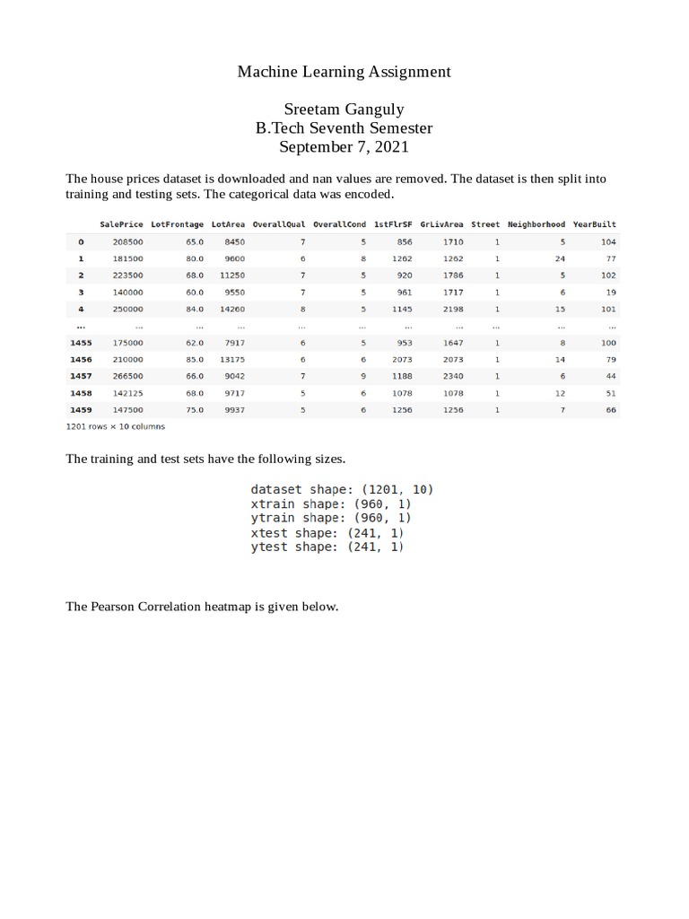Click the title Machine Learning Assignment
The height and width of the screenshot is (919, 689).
coord(344,71)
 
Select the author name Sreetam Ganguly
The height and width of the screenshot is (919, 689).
coord(344,109)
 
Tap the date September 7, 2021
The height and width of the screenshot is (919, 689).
coord(344,147)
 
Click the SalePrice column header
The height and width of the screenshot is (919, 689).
coord(121,224)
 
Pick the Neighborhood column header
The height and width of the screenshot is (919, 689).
coord(536,224)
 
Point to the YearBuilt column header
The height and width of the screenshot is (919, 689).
coord(594,224)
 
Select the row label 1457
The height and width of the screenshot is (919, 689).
coord(81,376)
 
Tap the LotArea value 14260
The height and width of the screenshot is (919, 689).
coord(231,310)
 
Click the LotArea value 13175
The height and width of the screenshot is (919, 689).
coord(231,360)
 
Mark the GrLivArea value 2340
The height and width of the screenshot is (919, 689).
coord(453,376)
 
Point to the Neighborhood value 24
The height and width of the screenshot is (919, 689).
coord(560,259)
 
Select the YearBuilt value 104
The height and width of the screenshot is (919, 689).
coord(608,242)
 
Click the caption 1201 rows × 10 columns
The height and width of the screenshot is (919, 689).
coord(116,427)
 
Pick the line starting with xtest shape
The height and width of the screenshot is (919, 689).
coord(327,532)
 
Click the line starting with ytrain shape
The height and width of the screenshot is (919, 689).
coord(330,518)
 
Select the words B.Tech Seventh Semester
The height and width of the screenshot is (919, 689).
coord(344,128)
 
